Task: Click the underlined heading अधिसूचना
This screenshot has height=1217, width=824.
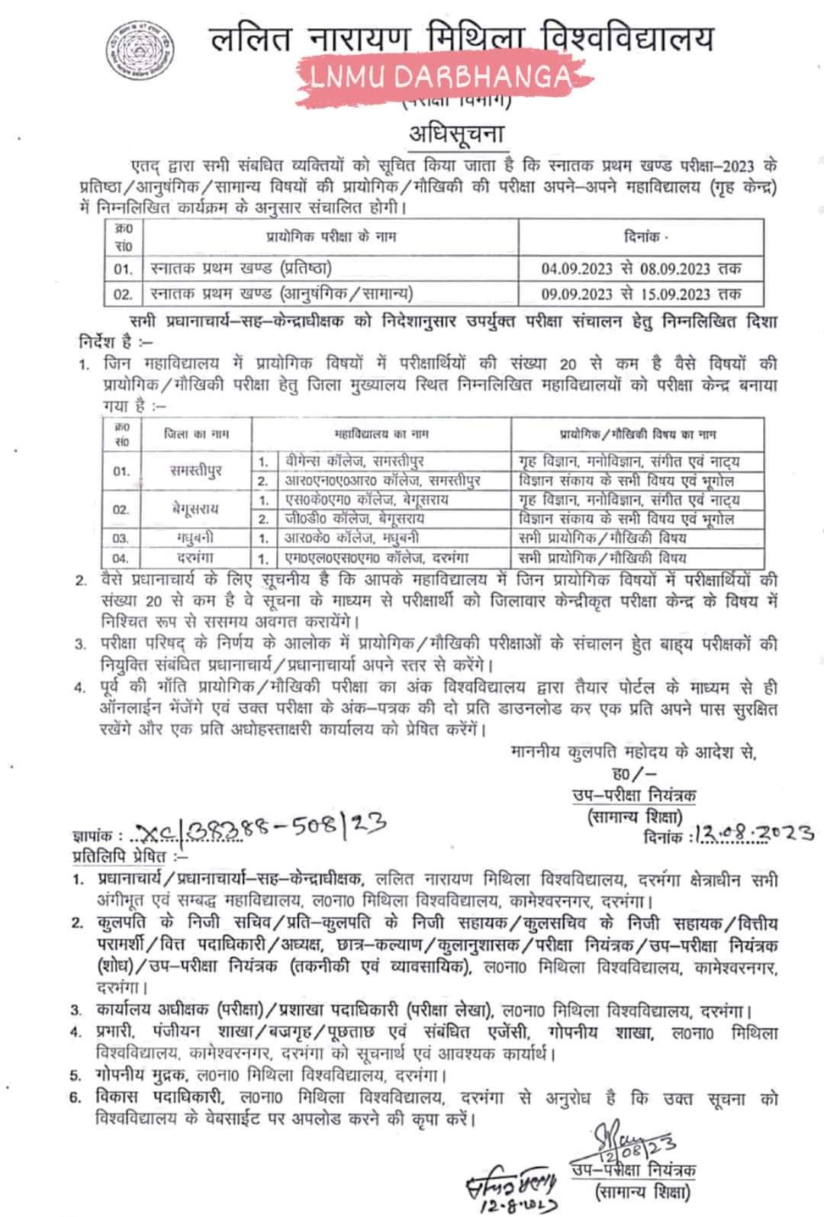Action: click(457, 134)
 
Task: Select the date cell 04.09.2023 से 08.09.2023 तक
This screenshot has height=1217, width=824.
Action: click(641, 269)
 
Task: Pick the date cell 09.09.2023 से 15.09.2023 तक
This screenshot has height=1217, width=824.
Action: click(641, 293)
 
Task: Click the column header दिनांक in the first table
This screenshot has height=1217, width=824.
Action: click(641, 237)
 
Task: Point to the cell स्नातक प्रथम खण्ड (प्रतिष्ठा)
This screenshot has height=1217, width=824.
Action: click(240, 269)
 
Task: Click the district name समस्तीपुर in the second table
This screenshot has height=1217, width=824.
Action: click(196, 470)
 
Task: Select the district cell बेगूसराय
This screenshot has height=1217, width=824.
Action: click(196, 509)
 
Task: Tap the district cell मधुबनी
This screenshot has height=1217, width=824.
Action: click(196, 538)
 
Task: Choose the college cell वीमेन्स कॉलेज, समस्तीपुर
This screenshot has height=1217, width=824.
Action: click(350, 461)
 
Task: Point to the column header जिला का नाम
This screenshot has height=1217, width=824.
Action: click(196, 433)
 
